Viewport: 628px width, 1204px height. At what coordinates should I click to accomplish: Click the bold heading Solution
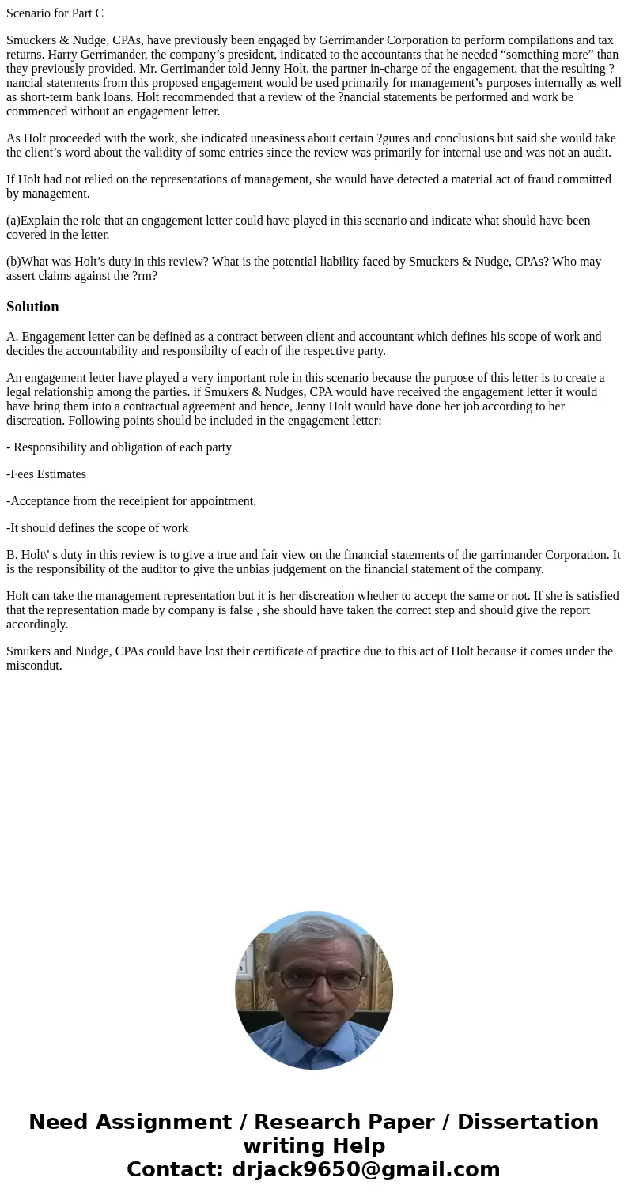click(x=32, y=307)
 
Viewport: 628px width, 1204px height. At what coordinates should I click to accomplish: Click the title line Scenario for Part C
click(x=55, y=13)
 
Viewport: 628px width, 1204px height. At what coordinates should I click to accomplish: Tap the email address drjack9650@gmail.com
click(x=365, y=1169)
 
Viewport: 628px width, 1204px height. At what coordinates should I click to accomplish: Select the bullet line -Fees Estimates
click(x=46, y=474)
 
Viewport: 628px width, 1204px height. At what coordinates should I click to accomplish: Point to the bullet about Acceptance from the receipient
click(x=131, y=501)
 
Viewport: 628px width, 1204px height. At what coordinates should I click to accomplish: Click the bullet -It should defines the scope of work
click(x=97, y=528)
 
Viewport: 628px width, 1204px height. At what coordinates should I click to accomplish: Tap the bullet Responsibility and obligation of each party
click(x=119, y=447)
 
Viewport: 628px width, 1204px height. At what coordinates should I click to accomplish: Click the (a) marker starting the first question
click(x=13, y=221)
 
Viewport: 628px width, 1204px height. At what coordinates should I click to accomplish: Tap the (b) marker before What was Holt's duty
click(x=13, y=262)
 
